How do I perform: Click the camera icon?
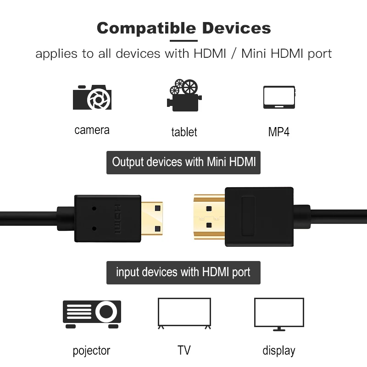tap(92, 97)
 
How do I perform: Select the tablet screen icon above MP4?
tap(279, 97)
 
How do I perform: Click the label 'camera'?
tap(92, 130)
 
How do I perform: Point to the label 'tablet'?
tap(184, 132)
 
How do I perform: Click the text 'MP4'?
tap(279, 132)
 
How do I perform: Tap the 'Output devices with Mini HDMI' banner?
tap(183, 162)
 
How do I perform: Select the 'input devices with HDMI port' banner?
tap(183, 272)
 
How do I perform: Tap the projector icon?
tap(92, 314)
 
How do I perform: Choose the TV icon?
tap(184, 314)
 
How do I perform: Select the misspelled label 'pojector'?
tap(92, 351)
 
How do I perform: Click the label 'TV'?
tap(184, 350)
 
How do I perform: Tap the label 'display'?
tap(279, 351)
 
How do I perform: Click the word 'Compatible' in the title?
tap(146, 28)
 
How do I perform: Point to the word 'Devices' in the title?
tap(236, 28)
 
